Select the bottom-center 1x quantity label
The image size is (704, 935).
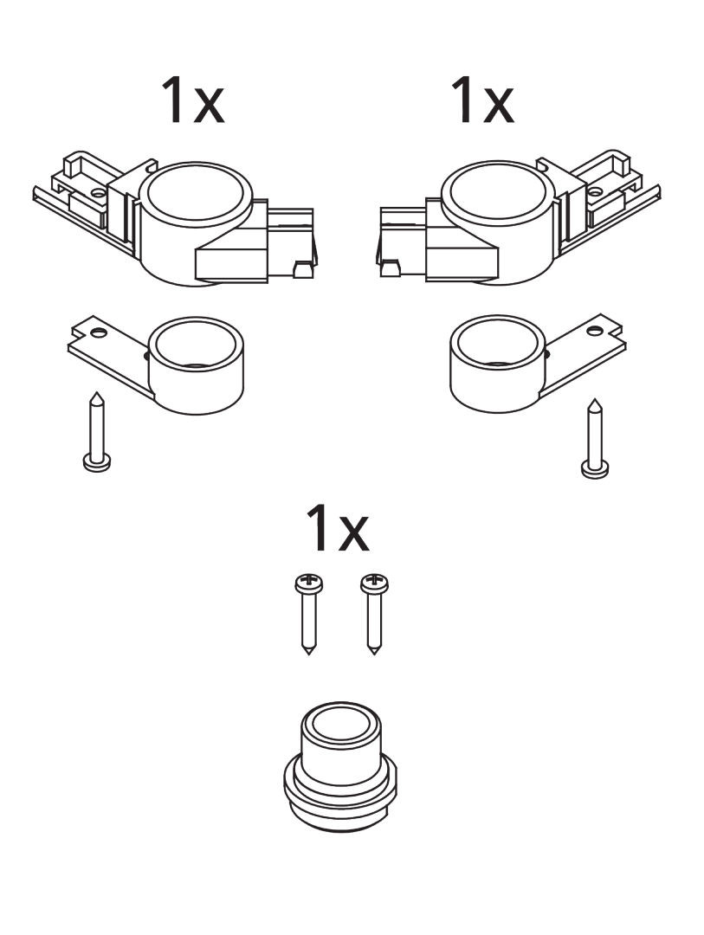(337, 528)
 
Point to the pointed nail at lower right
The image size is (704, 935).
(595, 438)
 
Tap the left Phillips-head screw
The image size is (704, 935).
(309, 614)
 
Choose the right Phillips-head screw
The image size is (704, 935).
(375, 614)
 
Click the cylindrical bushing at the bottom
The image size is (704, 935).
(341, 767)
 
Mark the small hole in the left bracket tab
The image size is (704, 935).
(99, 332)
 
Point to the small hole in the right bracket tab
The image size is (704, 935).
(593, 330)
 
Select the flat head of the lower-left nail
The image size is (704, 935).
(97, 463)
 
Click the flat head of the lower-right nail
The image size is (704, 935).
(595, 470)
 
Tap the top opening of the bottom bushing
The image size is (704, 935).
(341, 722)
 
